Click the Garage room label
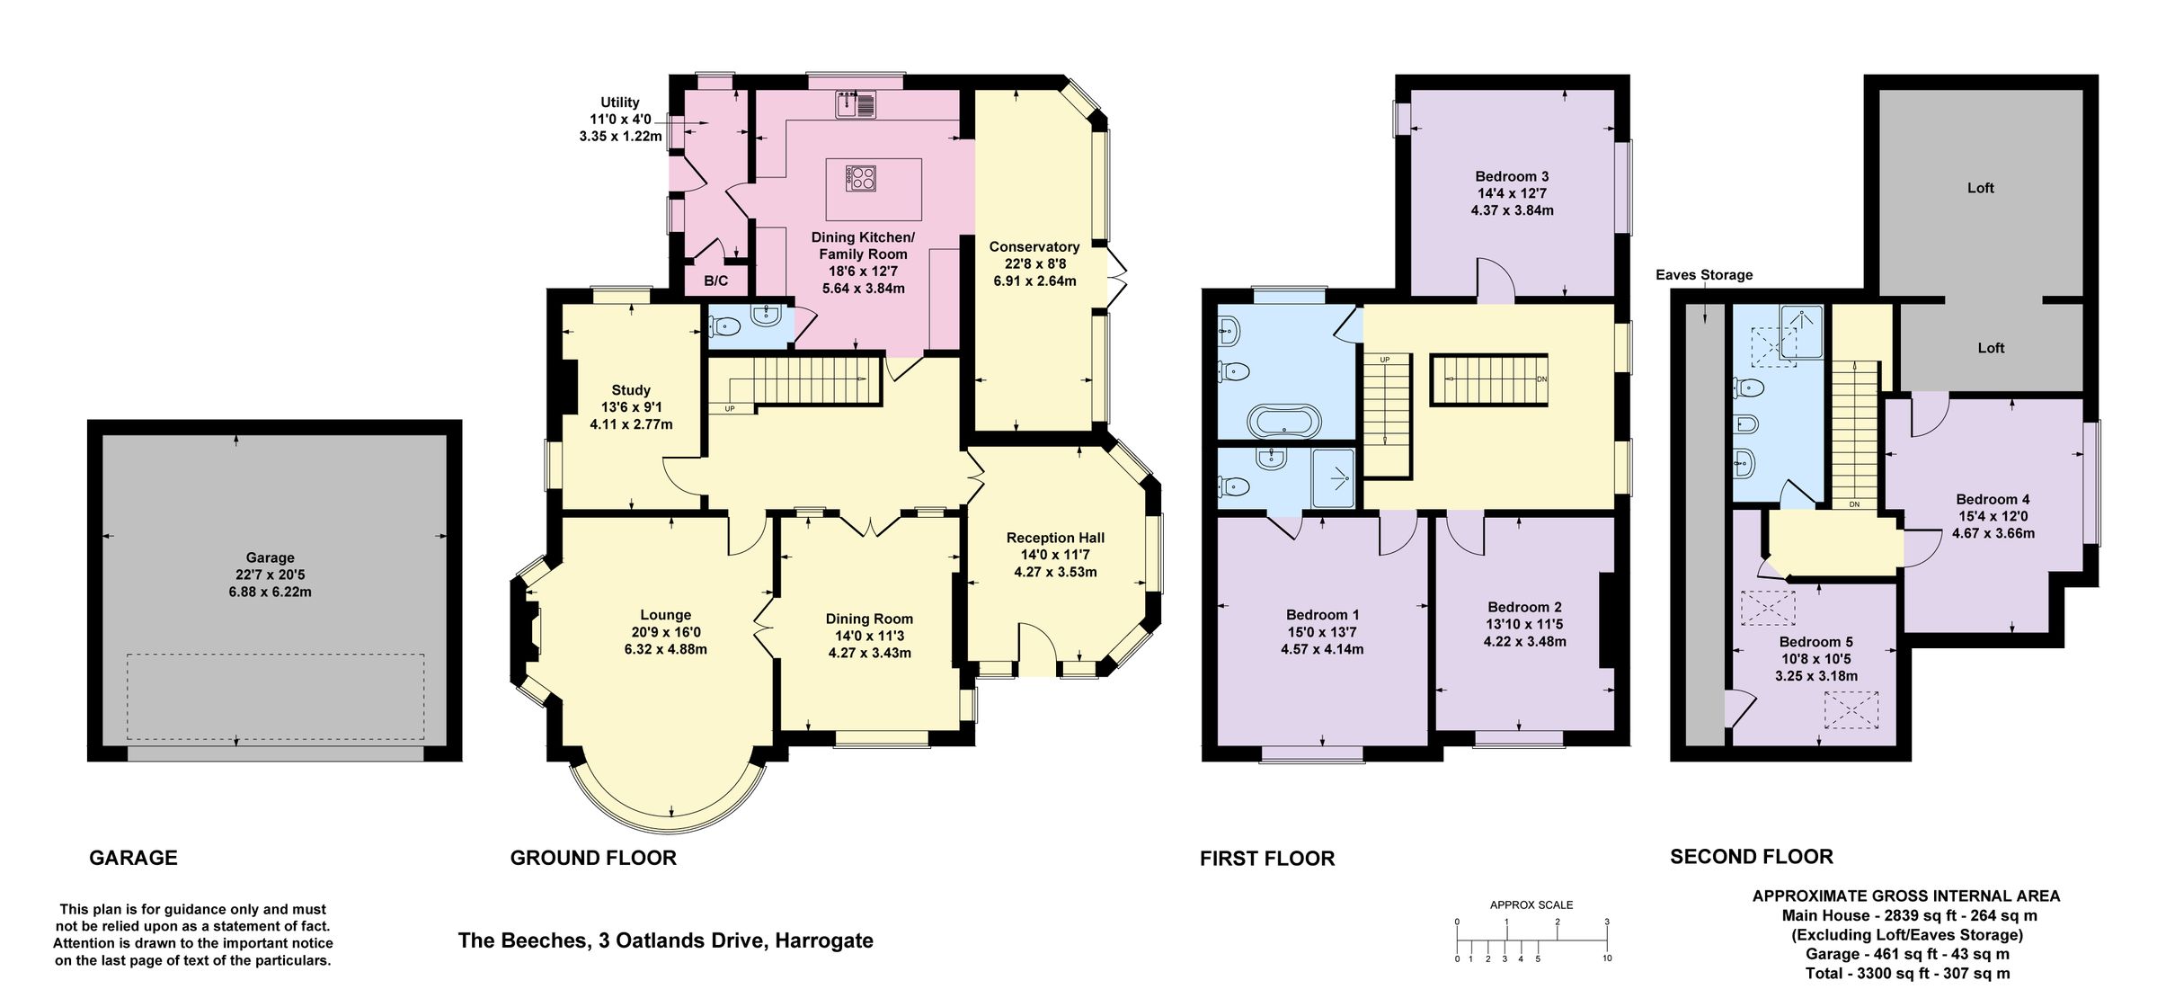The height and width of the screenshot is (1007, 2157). click(270, 557)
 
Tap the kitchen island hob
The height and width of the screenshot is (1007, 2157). click(860, 178)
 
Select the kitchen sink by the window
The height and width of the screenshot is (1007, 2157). click(855, 106)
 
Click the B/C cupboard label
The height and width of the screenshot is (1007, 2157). click(715, 281)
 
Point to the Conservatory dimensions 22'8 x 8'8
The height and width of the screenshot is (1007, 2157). click(1034, 264)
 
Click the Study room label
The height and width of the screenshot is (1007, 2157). click(630, 390)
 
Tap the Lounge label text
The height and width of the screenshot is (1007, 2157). click(665, 615)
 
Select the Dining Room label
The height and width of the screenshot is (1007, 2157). click(869, 619)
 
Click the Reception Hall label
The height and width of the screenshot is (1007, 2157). click(1055, 538)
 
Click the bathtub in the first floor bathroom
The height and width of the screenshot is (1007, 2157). click(1284, 420)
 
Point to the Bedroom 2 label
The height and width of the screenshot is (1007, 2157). click(1524, 607)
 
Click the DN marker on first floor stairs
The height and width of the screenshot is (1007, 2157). click(1542, 379)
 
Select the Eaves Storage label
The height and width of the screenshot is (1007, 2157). click(1704, 275)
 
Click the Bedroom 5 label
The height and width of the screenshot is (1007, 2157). click(1815, 642)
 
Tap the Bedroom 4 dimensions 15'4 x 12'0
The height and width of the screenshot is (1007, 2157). click(1993, 516)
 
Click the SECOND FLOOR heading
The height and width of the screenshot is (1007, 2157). click(1751, 857)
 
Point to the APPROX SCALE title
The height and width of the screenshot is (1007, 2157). click(1531, 905)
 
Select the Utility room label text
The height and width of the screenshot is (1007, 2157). click(620, 102)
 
